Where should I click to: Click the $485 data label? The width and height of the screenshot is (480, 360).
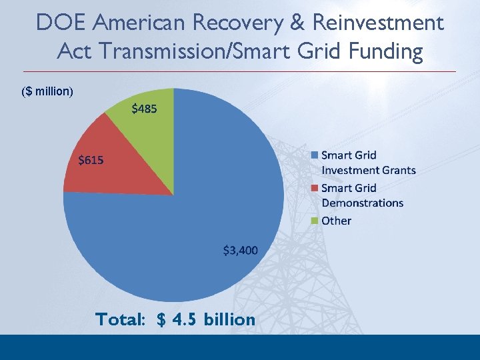point(144,108)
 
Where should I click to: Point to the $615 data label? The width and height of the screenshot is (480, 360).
point(91,160)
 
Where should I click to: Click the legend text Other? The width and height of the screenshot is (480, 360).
point(336,221)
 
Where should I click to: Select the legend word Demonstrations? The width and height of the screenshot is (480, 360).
point(362,203)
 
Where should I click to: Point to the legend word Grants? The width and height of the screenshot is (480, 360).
point(398,170)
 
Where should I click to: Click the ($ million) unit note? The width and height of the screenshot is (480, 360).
point(47,91)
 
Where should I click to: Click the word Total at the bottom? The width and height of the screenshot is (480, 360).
point(121,320)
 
